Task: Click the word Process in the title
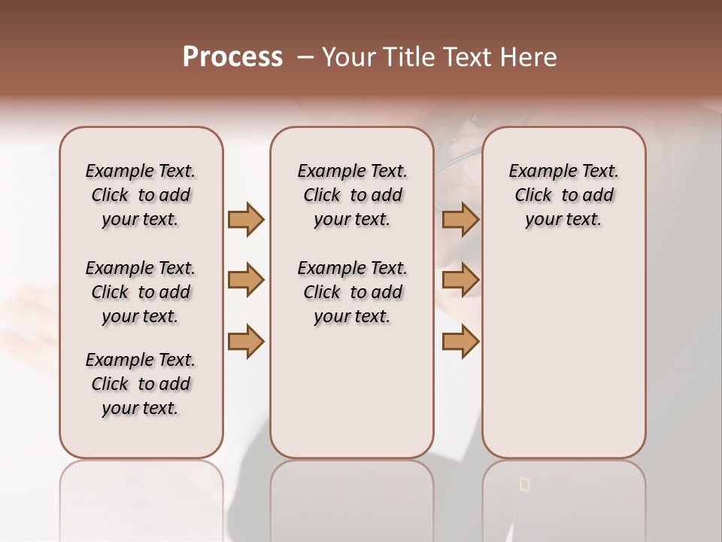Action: pos(232,57)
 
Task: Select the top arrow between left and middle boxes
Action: pos(246,219)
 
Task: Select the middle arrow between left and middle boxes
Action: pos(246,280)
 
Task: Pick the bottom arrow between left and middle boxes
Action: pos(246,341)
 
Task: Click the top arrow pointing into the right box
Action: pos(460,219)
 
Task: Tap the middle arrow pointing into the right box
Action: pos(460,280)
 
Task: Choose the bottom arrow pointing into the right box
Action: pos(460,341)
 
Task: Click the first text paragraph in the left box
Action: pos(141,195)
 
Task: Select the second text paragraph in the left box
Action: pos(141,292)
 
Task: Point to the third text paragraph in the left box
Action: pos(141,384)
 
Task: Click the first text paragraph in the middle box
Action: pos(352,195)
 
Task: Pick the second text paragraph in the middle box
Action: pos(352,292)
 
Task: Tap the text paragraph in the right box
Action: pos(563,195)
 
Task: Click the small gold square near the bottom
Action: pos(524,486)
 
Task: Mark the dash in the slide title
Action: pos(305,57)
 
